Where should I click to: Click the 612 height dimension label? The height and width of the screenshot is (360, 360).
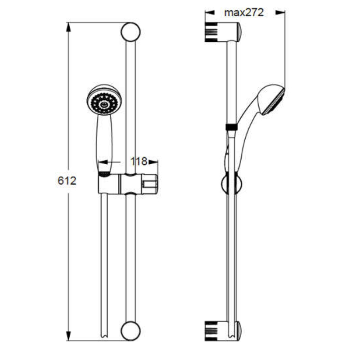tap(67, 181)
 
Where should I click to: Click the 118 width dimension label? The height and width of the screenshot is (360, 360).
tap(139, 162)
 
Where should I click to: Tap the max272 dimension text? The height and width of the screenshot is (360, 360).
tap(244, 13)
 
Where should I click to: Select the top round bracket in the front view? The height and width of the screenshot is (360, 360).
tap(130, 32)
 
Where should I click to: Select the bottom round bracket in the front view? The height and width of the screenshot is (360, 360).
tap(130, 331)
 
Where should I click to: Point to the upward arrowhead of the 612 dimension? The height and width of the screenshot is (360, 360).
tap(68, 27)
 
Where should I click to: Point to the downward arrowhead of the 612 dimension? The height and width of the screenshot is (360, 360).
tap(68, 336)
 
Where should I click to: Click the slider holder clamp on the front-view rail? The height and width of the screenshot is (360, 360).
tap(128, 184)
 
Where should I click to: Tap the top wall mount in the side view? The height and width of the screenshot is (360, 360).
tap(223, 32)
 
